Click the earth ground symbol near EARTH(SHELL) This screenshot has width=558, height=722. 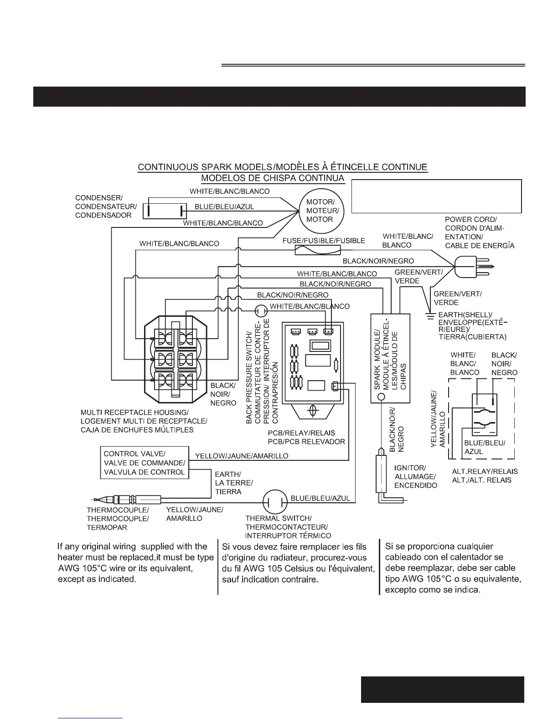tap(429, 315)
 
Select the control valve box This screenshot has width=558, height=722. tap(144, 463)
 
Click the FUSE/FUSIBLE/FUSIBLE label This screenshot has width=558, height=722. tap(324, 241)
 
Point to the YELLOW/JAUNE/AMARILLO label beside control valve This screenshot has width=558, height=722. tap(242, 456)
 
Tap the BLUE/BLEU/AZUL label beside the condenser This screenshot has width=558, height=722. tap(224, 206)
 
